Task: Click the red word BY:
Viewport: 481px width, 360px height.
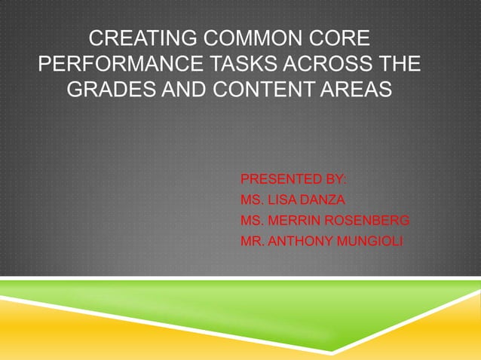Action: click(x=333, y=180)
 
